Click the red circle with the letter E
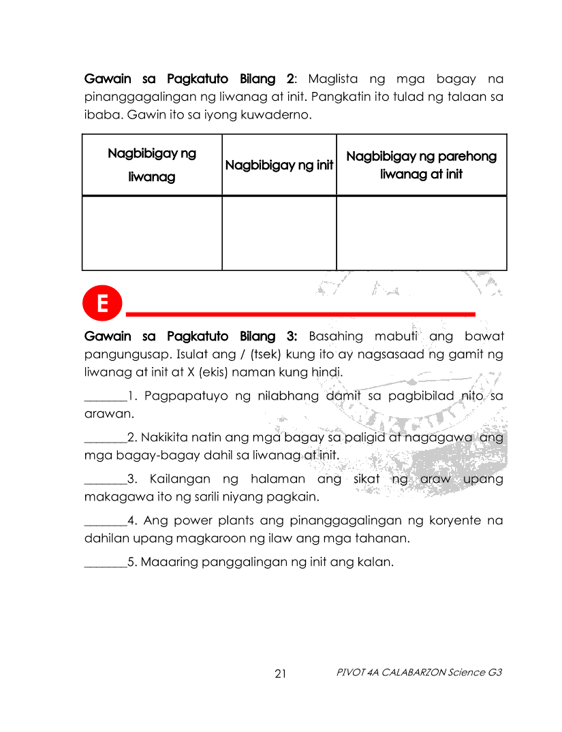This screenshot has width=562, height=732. (x=102, y=304)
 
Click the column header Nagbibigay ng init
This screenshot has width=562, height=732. (x=279, y=165)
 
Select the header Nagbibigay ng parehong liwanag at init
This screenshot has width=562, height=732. (x=421, y=165)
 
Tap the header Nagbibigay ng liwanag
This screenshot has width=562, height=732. (x=152, y=165)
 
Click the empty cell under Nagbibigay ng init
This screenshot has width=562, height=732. (x=279, y=233)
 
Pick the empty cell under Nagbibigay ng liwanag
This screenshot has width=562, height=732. (x=152, y=233)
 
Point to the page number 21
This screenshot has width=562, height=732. (x=281, y=674)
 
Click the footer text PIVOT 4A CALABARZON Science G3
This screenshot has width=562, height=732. (x=419, y=673)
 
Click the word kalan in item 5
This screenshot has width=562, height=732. (x=379, y=562)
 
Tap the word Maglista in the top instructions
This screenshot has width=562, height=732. (x=333, y=79)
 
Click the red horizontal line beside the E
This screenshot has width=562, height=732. (x=300, y=313)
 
